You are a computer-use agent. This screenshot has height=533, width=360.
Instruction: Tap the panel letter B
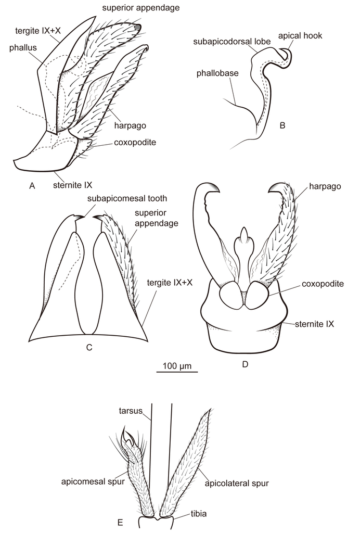[x=282, y=125]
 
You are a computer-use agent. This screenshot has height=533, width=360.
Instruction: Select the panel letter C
[x=89, y=347]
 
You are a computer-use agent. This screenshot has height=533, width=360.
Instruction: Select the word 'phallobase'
[x=217, y=73]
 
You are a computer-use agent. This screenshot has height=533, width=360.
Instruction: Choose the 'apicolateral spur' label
[x=237, y=483]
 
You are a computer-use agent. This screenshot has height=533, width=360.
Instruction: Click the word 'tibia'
[x=198, y=514]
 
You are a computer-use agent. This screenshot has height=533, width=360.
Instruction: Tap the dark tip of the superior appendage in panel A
[x=137, y=28]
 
